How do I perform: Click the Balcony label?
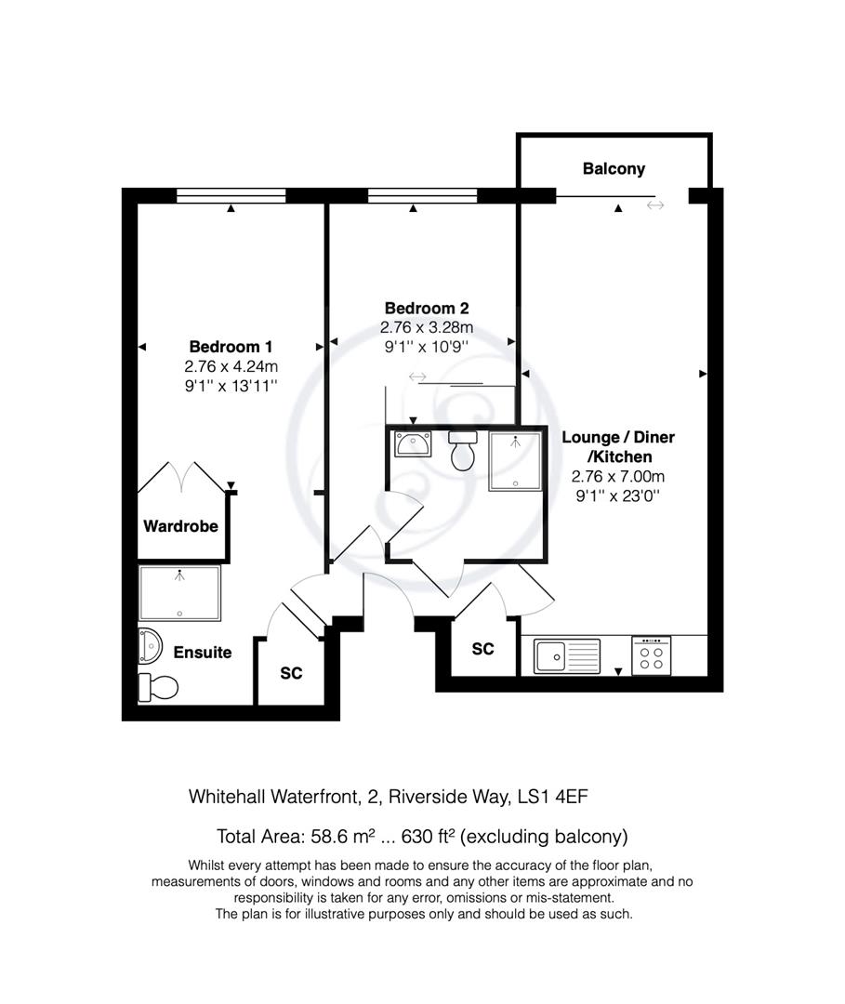coord(614,169)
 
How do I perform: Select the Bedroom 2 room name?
coord(427,309)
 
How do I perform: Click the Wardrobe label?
coord(180,526)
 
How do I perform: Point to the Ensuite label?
coord(203,653)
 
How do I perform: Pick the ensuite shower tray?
coord(180,593)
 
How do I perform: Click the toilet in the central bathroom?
coord(462,452)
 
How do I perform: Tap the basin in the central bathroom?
coord(411,443)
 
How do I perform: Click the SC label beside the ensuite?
coord(291,673)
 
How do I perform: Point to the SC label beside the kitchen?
coord(482,650)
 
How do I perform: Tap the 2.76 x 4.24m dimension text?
coord(231,365)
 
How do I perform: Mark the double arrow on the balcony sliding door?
coord(656,205)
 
